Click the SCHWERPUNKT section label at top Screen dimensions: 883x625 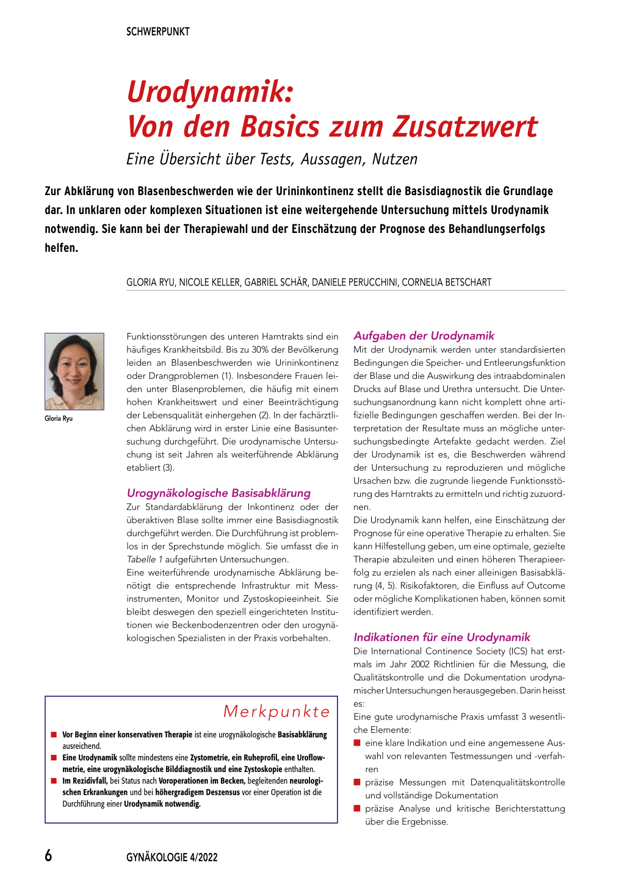pyautogui.click(x=157, y=32)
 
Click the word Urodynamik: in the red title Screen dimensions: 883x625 pyautogui.click(x=210, y=92)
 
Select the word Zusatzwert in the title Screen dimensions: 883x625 pyautogui.click(x=465, y=127)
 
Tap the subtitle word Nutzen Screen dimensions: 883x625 pyautogui.click(x=394, y=159)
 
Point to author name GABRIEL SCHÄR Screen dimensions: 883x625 pyautogui.click(x=276, y=282)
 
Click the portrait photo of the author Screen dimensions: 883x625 pyautogui.click(x=74, y=371)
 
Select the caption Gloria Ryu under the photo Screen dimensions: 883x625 pyautogui.click(x=59, y=418)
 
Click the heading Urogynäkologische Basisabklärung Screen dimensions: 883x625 pyautogui.click(x=219, y=493)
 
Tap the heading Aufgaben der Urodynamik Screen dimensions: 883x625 pyautogui.click(x=424, y=335)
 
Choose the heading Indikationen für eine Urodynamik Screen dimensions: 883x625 pyautogui.click(x=442, y=637)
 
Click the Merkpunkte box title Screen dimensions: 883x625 pyautogui.click(x=276, y=711)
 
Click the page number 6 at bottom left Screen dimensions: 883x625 pyautogui.click(x=49, y=856)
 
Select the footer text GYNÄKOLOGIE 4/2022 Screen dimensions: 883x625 pyautogui.click(x=172, y=857)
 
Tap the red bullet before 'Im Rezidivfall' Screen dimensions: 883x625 pyautogui.click(x=54, y=781)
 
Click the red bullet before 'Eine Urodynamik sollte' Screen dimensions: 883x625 pyautogui.click(x=54, y=757)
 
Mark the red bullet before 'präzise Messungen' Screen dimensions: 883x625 pyautogui.click(x=357, y=782)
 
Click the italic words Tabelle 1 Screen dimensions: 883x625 pyautogui.click(x=144, y=559)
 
